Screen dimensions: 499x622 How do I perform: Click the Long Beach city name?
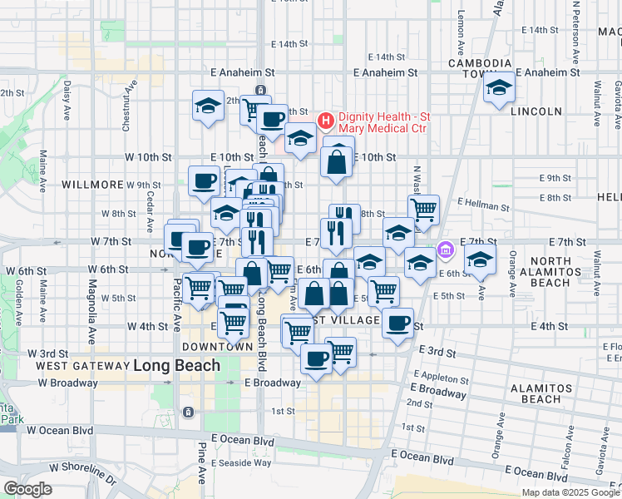point(177,365)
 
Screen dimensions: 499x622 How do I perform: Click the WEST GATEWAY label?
point(81,366)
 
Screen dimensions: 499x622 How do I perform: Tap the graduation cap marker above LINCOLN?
point(499,87)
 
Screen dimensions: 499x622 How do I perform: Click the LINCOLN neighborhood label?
point(513,111)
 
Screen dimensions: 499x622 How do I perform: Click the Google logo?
point(27,489)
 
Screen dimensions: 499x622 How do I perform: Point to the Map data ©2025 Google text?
point(571,492)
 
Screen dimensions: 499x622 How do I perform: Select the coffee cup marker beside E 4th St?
point(398,322)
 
